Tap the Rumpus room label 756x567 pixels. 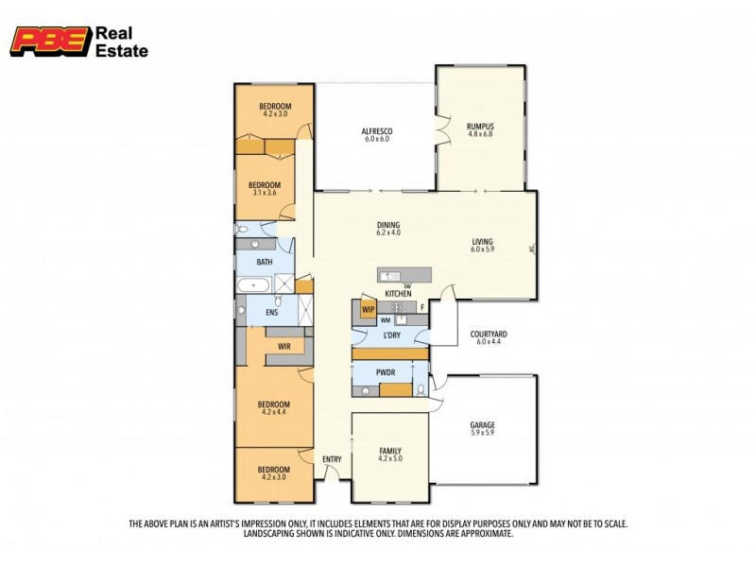(480, 126)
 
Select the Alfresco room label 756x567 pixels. (377, 130)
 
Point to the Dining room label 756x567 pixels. (388, 224)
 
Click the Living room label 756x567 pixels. (483, 243)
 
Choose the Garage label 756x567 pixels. (482, 425)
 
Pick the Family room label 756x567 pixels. (390, 451)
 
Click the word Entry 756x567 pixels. (333, 459)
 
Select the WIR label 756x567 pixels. (284, 347)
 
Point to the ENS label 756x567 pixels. (271, 311)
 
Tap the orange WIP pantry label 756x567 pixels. (369, 308)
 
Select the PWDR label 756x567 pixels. (387, 371)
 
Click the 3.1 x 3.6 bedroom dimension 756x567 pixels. (266, 193)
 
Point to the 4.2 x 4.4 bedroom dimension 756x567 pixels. (273, 412)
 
